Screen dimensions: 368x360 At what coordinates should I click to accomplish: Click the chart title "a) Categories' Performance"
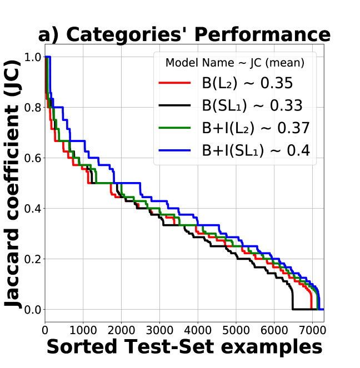click(184, 34)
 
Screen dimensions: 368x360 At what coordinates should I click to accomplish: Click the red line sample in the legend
click(175, 84)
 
